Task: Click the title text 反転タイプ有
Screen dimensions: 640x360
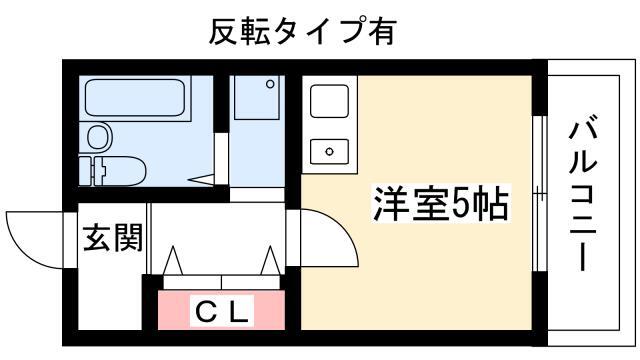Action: click(302, 31)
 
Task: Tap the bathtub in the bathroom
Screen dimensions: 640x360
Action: click(135, 98)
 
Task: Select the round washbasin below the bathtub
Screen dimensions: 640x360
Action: click(99, 137)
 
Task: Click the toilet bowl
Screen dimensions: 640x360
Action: click(123, 171)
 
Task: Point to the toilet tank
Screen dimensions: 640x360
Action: click(90, 171)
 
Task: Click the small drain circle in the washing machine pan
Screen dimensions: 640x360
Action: click(270, 84)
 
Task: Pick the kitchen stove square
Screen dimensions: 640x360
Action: click(329, 101)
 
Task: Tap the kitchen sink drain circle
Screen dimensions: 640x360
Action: click(329, 152)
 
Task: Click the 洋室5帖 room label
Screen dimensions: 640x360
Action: click(441, 203)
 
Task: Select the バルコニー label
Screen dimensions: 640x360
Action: click(583, 193)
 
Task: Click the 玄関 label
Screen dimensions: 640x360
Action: click(113, 237)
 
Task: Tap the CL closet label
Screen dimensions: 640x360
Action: click(222, 312)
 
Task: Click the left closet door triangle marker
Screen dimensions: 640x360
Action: click(173, 260)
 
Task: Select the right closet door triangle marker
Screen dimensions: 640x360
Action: click(270, 260)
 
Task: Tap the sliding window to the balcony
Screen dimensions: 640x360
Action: click(540, 194)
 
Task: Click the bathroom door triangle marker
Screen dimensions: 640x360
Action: click(201, 179)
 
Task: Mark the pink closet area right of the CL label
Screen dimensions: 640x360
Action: click(269, 310)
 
